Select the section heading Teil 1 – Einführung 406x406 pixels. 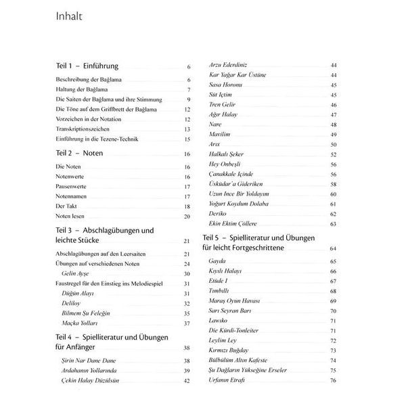tap(87, 66)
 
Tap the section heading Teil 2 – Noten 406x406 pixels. tap(79, 154)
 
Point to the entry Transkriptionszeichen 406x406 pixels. tap(85, 129)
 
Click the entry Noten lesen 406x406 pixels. tap(72, 216)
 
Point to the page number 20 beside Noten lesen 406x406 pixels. tap(187, 216)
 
